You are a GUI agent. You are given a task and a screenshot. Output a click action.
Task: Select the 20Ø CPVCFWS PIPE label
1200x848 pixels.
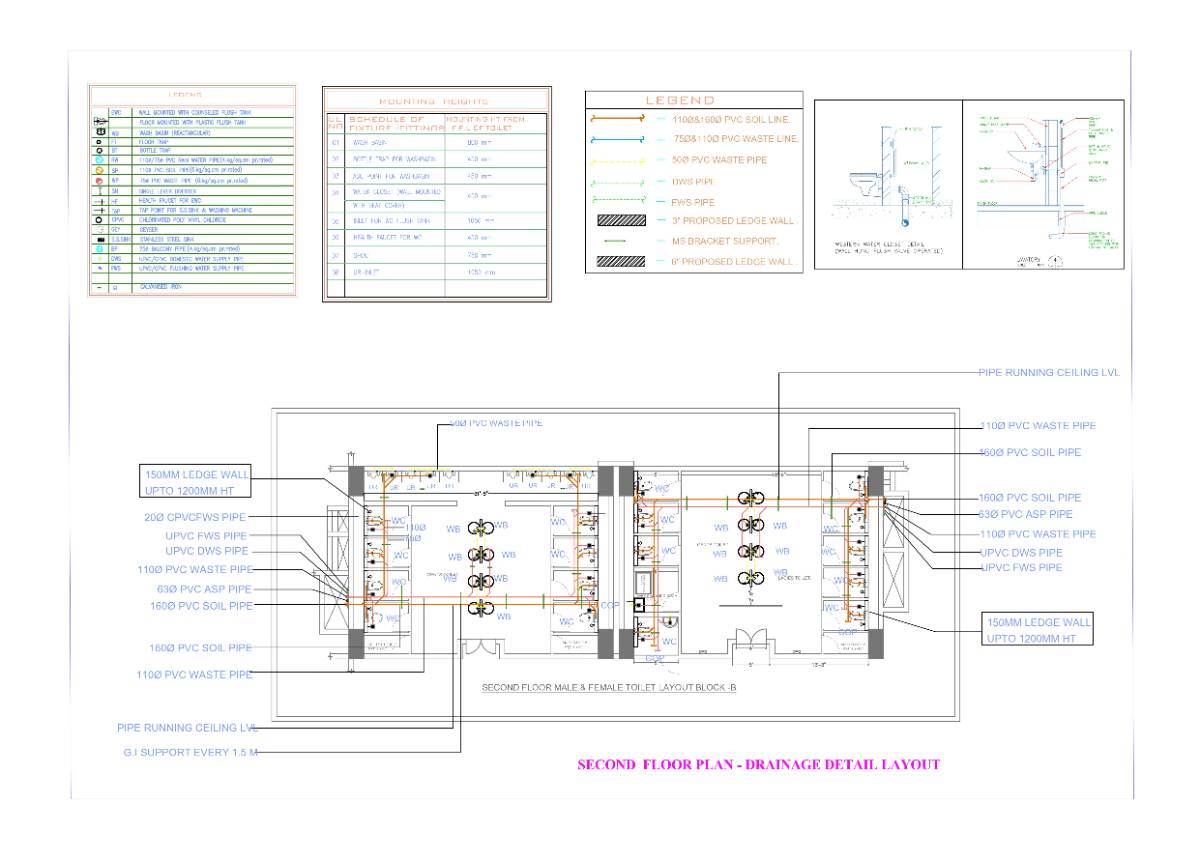tap(194, 517)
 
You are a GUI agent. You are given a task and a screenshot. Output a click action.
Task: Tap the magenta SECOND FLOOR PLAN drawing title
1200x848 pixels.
tap(759, 765)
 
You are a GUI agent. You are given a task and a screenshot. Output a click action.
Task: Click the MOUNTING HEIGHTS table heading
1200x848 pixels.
tap(434, 101)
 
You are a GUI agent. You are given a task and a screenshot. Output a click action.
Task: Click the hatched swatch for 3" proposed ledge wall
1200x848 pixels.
tap(620, 220)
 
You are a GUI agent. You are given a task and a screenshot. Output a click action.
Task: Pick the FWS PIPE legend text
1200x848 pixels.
tap(694, 201)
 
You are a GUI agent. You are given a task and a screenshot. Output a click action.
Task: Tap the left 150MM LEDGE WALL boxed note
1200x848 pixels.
tap(197, 481)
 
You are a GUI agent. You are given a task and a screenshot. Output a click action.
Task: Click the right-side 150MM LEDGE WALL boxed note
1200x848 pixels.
tap(1039, 629)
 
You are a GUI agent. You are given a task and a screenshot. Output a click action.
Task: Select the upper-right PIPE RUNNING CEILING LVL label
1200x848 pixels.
tap(1049, 372)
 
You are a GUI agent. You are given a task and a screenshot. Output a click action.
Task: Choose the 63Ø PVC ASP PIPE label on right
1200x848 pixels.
tap(1026, 514)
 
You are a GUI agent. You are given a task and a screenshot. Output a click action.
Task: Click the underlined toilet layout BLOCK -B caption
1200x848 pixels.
tap(609, 688)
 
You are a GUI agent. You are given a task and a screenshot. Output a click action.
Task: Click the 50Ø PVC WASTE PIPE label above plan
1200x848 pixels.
tap(497, 423)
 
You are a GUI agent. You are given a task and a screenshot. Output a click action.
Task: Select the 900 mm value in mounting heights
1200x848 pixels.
tap(478, 143)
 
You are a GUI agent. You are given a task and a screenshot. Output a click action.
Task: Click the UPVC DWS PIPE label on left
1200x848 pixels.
tap(207, 551)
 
